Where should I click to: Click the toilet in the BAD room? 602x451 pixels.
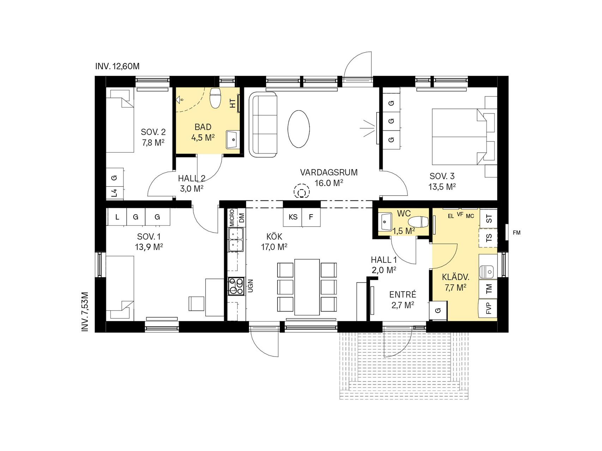pyautogui.click(x=215, y=98)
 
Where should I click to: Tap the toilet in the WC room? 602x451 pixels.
pyautogui.click(x=418, y=222)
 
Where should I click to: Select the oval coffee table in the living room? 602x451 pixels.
pyautogui.click(x=299, y=129)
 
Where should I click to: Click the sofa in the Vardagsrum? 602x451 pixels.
pyautogui.click(x=263, y=125)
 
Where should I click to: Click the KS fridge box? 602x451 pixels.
pyautogui.click(x=293, y=217)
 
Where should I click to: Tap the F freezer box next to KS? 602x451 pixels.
pyautogui.click(x=311, y=217)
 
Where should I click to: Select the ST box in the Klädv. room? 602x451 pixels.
pyautogui.click(x=488, y=219)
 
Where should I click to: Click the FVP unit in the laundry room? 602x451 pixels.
pyautogui.click(x=488, y=309)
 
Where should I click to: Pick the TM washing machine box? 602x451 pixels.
pyautogui.click(x=488, y=289)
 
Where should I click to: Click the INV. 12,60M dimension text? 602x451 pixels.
pyautogui.click(x=117, y=66)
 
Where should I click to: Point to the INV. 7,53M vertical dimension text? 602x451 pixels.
pyautogui.click(x=85, y=311)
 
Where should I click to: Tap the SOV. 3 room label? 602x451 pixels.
pyautogui.click(x=442, y=176)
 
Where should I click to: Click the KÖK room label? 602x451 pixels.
pyautogui.click(x=274, y=237)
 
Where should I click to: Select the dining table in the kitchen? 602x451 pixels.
pyautogui.click(x=307, y=287)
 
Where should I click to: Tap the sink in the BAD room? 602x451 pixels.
pyautogui.click(x=233, y=140)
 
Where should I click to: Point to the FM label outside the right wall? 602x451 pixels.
pyautogui.click(x=517, y=233)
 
